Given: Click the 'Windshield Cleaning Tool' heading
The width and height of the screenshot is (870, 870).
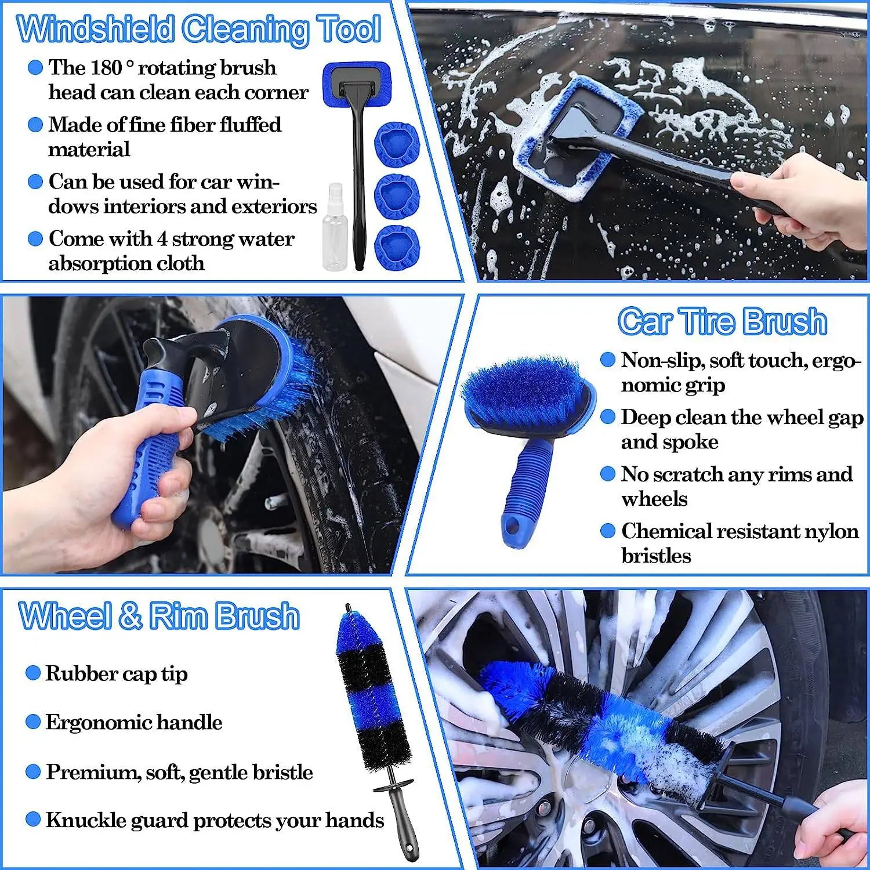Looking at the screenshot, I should (199, 29).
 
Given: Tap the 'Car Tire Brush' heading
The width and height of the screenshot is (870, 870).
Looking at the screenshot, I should (722, 321).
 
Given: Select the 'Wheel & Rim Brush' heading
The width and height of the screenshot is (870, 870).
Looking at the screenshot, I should (159, 616).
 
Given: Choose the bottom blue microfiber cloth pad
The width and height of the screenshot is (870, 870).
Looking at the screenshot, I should (396, 248).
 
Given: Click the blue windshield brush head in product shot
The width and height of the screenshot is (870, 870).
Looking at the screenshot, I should (357, 84).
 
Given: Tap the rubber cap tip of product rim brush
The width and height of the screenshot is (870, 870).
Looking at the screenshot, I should (349, 609).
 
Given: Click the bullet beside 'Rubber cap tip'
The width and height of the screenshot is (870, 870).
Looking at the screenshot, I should (33, 673).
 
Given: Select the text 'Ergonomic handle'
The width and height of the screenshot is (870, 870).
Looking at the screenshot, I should (133, 722).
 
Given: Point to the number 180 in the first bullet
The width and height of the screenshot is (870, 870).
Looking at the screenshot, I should (106, 68).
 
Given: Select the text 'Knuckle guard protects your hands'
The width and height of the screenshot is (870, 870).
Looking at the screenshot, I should (215, 820).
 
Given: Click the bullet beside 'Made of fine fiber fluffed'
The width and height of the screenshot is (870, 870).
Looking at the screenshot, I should (35, 125).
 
